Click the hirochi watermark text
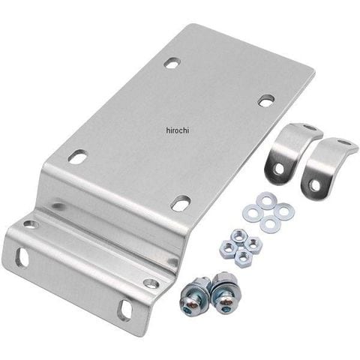point(178,130)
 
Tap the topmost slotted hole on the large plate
point(172,62)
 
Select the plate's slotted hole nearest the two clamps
point(266,100)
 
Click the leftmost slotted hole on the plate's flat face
point(78,157)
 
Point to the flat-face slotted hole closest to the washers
point(181,203)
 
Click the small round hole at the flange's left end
point(31,224)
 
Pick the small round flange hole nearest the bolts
point(151,283)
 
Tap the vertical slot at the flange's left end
point(21,256)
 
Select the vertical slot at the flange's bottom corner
point(124,310)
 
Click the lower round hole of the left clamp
point(278,169)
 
